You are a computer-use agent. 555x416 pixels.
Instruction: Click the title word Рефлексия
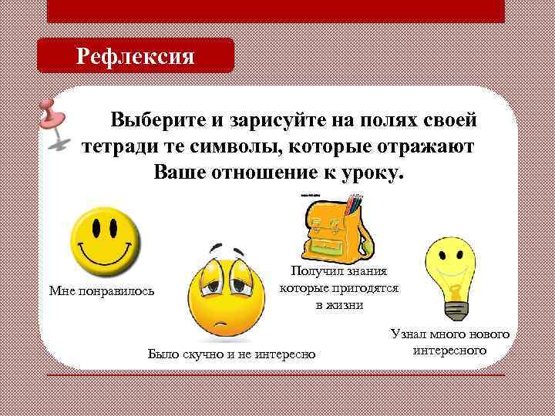(135, 56)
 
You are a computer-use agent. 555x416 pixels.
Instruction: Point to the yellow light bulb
(452, 270)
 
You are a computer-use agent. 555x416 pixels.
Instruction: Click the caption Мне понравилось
(101, 291)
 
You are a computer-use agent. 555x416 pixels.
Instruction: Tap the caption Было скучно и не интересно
(231, 354)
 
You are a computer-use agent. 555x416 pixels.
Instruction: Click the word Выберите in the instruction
(157, 120)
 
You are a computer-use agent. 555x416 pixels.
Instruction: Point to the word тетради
(117, 146)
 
